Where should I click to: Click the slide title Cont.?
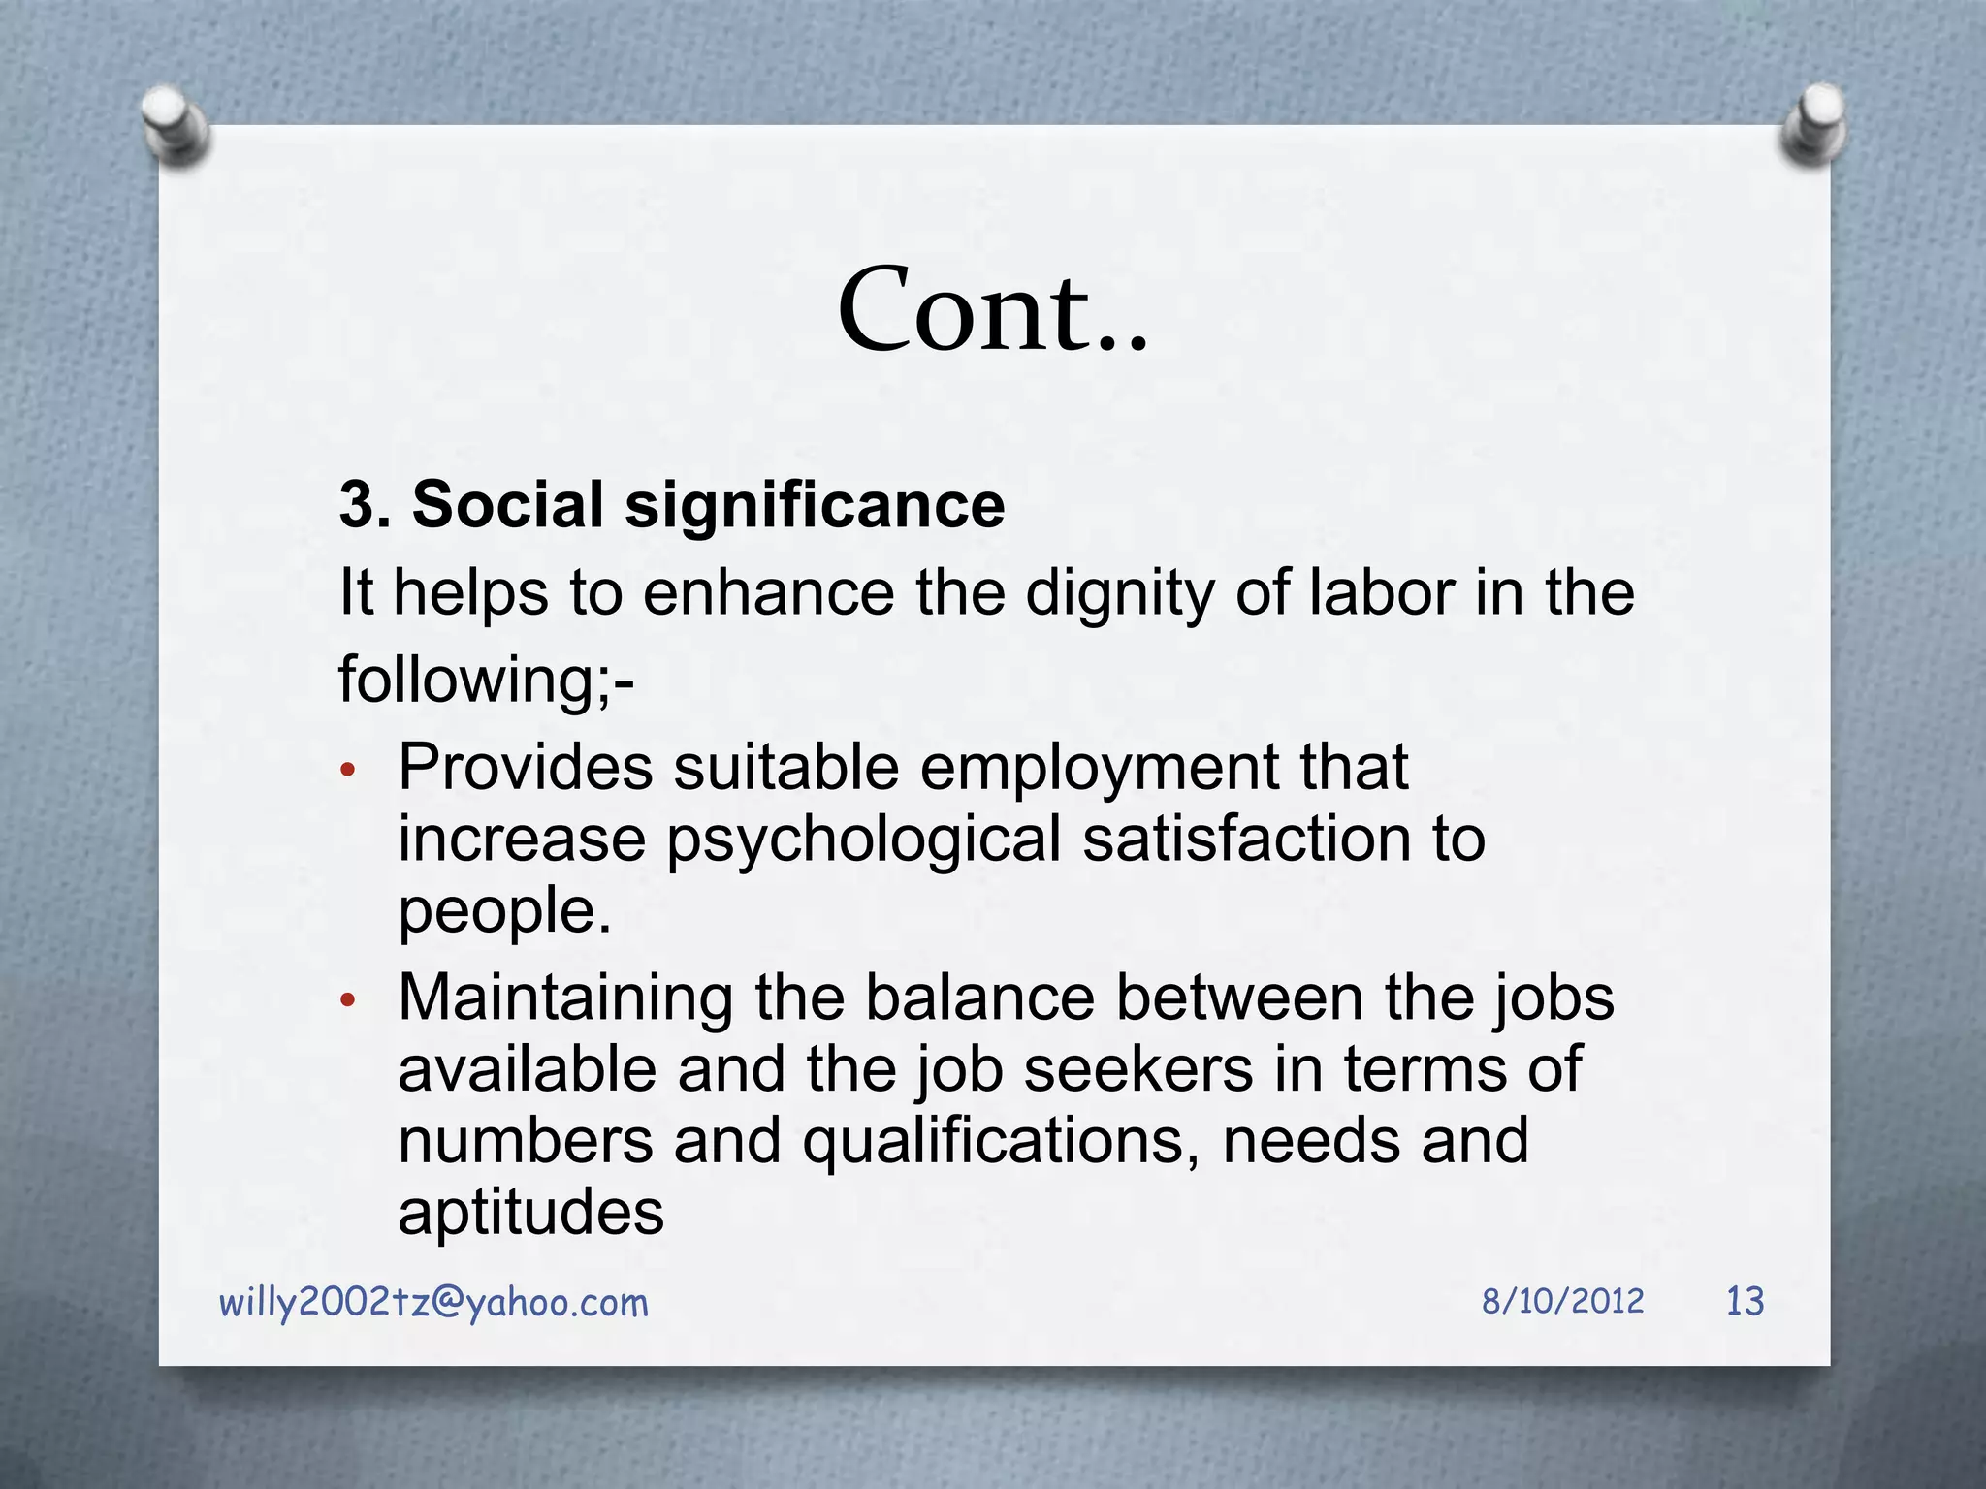coord(992,310)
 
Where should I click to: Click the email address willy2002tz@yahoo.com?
coord(433,1302)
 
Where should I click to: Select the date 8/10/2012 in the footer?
coord(1562,1301)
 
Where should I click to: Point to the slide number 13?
coord(1745,1301)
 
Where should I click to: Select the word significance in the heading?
coord(815,507)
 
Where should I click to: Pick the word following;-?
coord(486,680)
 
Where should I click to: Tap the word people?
coord(504,912)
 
